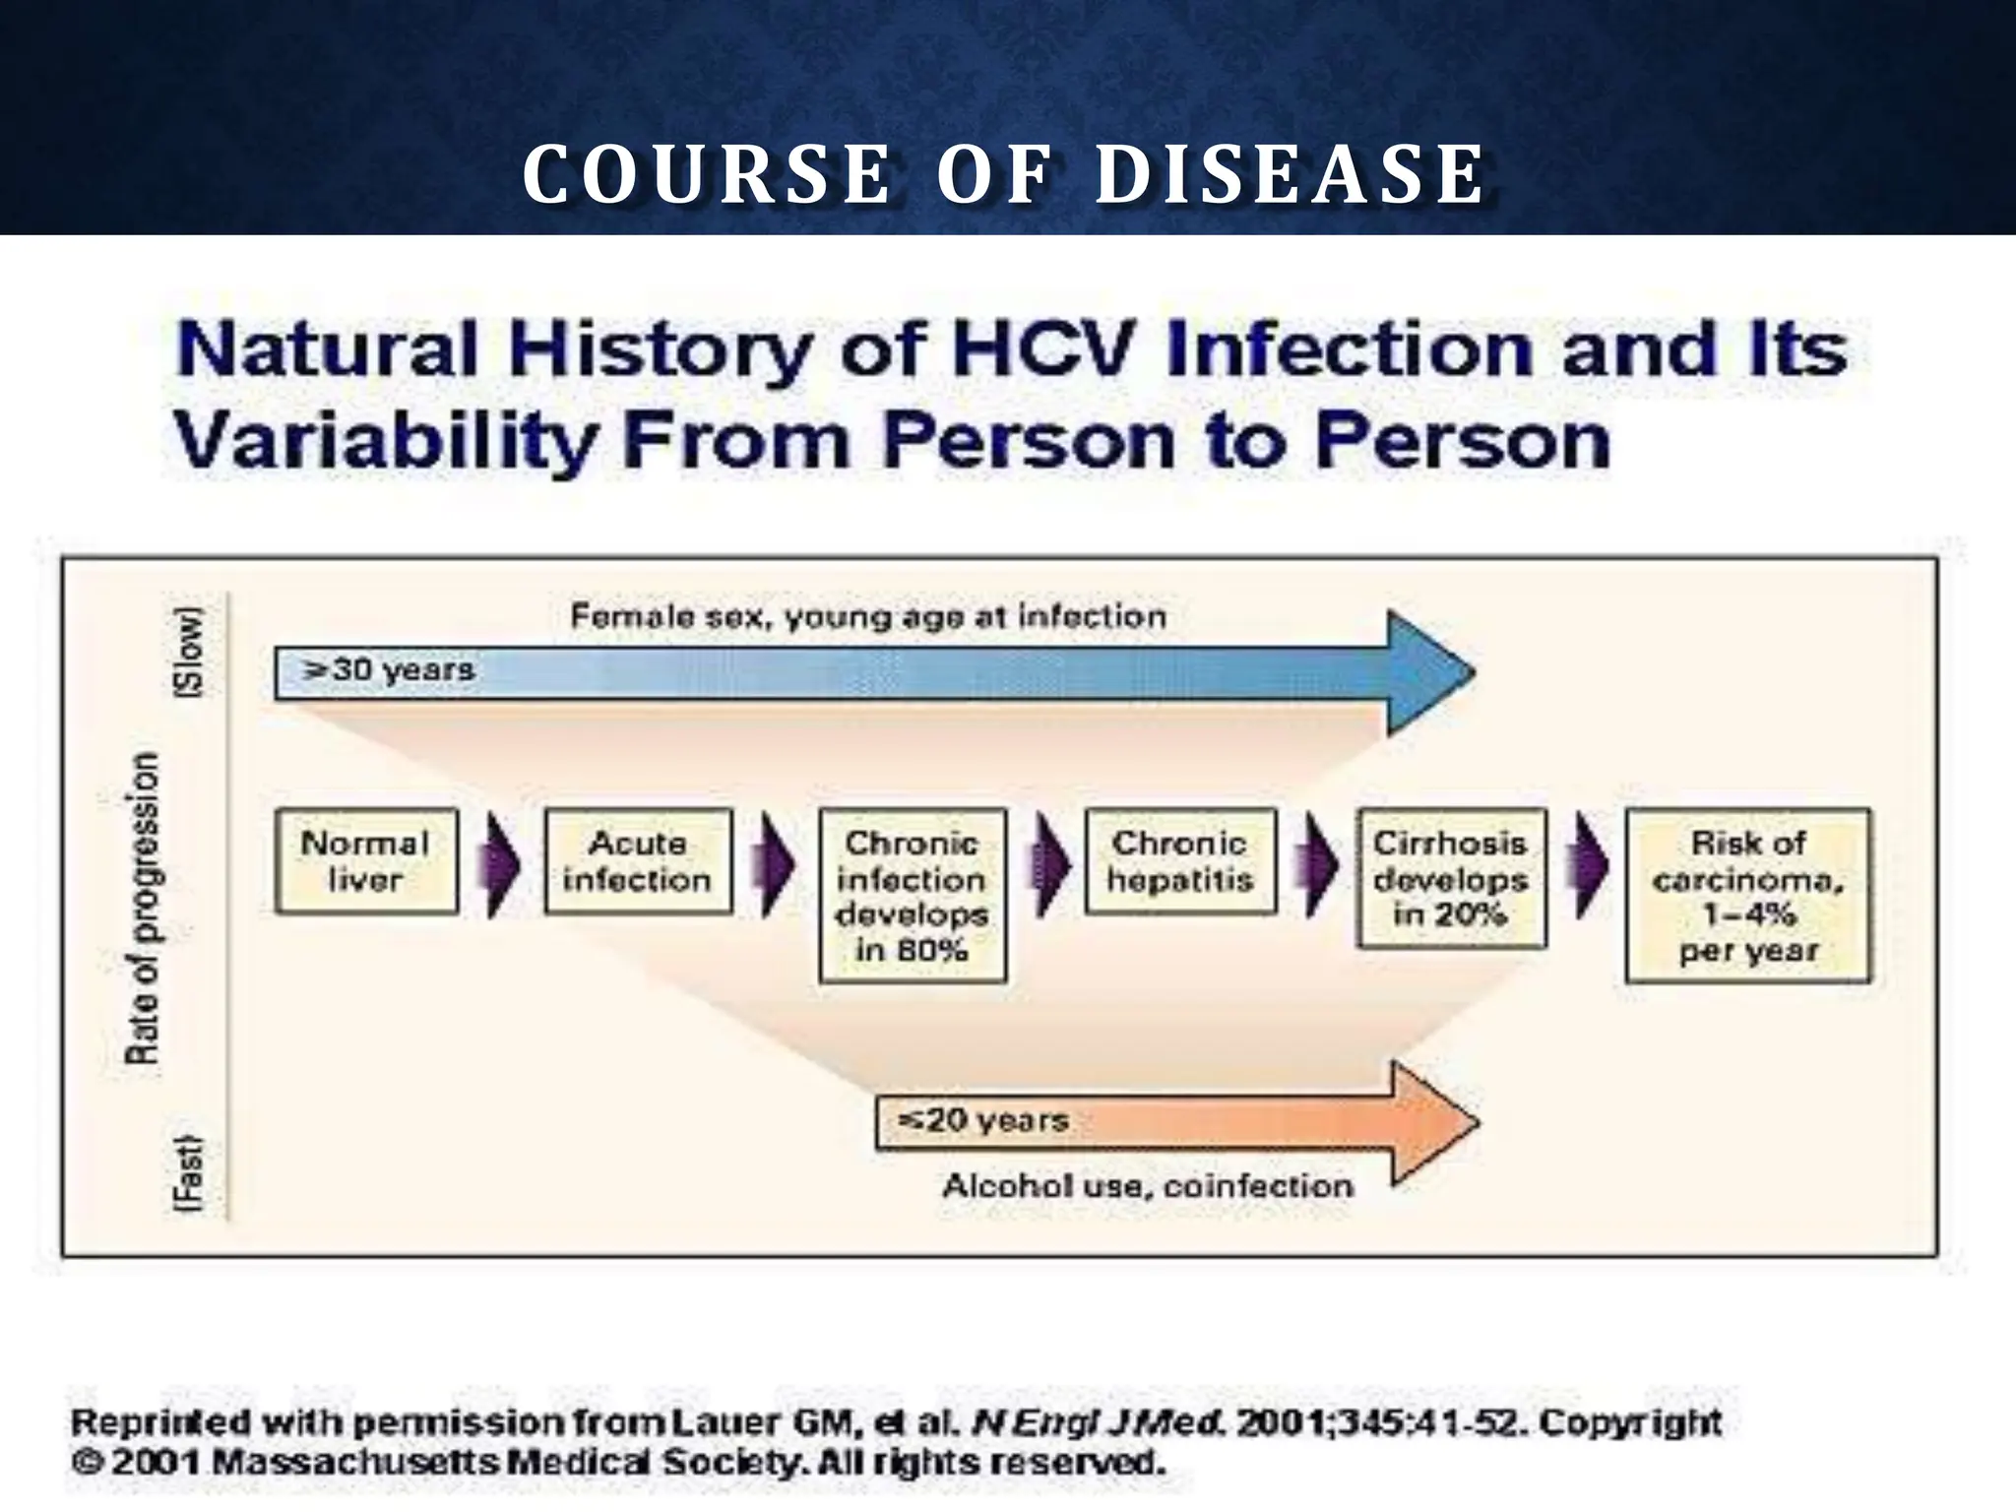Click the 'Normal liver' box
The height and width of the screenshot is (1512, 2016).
click(x=366, y=861)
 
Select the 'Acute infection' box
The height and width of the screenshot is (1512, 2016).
click(x=638, y=861)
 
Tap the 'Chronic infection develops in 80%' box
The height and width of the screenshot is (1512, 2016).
click(x=913, y=896)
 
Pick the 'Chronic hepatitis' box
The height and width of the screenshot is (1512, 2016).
click(x=1180, y=861)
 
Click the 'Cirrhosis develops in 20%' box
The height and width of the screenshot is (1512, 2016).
click(x=1451, y=878)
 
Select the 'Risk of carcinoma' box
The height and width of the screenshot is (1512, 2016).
click(x=1747, y=896)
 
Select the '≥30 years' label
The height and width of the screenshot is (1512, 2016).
click(x=389, y=671)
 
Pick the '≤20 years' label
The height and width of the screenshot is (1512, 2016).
click(x=983, y=1120)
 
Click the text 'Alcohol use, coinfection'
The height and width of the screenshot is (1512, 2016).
click(x=1148, y=1186)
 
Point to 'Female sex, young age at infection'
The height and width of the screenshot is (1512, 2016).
click(x=868, y=617)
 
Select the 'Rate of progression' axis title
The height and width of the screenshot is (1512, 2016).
click(x=143, y=908)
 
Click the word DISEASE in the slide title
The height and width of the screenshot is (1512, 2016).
click(x=1290, y=175)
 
